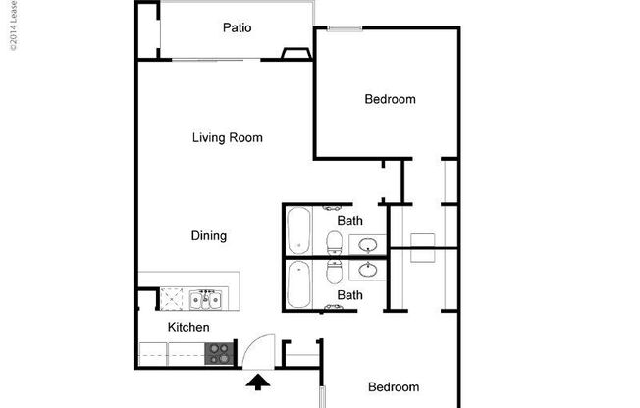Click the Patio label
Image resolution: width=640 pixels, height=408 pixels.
tap(237, 27)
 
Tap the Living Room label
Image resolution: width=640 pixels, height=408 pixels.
tap(227, 138)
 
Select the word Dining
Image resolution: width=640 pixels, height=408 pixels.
tap(209, 236)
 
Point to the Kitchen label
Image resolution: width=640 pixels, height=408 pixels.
tap(187, 327)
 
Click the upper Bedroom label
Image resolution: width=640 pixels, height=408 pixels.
tap(390, 99)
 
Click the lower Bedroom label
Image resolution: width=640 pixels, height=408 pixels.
tap(393, 387)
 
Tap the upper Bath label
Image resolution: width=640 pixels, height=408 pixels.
tap(350, 221)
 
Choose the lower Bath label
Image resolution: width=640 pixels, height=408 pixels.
tap(350, 295)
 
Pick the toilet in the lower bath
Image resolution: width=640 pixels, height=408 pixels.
tap(334, 269)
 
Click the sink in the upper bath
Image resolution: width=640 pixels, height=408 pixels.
tap(370, 243)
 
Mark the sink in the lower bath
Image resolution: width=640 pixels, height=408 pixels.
tap(370, 268)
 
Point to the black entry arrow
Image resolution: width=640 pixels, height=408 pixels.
tap(258, 382)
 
